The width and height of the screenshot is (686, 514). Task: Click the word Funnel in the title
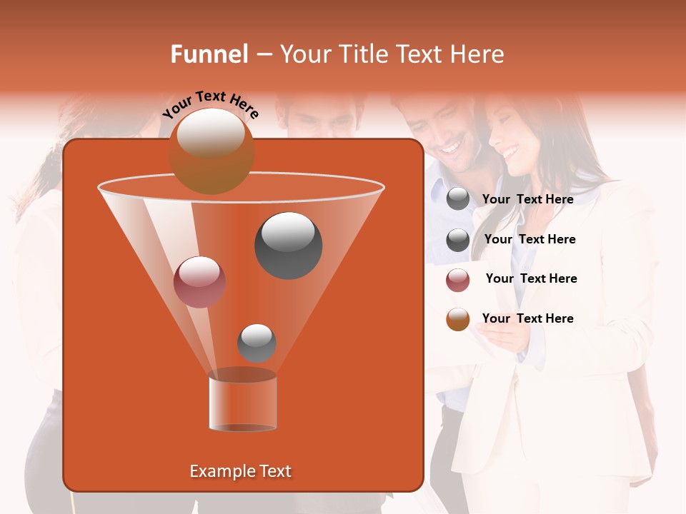pyautogui.click(x=209, y=54)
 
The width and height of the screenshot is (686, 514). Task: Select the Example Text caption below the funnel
pyautogui.click(x=241, y=471)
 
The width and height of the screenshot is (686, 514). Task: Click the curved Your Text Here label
pyautogui.click(x=210, y=104)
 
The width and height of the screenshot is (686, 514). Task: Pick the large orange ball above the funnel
pyautogui.click(x=212, y=151)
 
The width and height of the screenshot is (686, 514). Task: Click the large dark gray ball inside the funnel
pyautogui.click(x=289, y=245)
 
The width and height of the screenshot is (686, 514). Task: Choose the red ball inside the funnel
pyautogui.click(x=200, y=281)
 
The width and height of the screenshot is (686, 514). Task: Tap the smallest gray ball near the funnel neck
pyautogui.click(x=257, y=343)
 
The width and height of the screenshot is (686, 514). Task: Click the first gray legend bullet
pyautogui.click(x=458, y=199)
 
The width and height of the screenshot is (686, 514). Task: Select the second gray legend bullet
pyautogui.click(x=458, y=240)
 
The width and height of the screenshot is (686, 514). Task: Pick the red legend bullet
pyautogui.click(x=458, y=280)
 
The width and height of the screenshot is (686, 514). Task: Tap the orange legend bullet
pyautogui.click(x=458, y=319)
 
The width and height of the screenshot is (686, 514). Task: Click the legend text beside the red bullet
pyautogui.click(x=531, y=279)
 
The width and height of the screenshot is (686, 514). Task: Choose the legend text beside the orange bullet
pyautogui.click(x=528, y=318)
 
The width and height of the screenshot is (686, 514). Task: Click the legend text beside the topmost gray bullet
pyautogui.click(x=528, y=200)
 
